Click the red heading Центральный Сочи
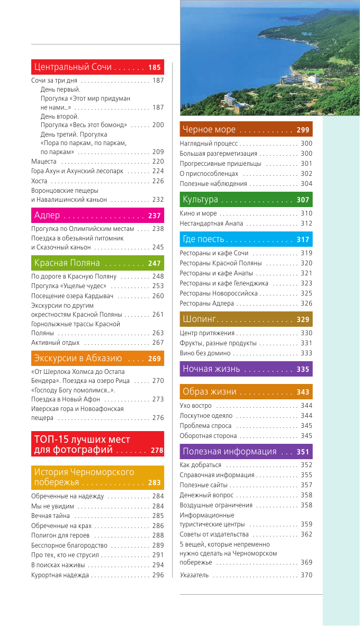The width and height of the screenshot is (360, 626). click(x=73, y=67)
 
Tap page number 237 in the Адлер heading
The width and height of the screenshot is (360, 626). click(x=154, y=216)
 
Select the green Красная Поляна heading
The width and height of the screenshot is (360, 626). click(x=67, y=263)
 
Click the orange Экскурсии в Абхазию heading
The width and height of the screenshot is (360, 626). click(x=78, y=359)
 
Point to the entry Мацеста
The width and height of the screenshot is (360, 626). click(x=44, y=161)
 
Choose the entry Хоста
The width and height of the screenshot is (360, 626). click(x=40, y=181)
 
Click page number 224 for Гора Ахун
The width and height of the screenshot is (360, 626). click(x=158, y=171)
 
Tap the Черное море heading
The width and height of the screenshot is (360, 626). click(x=209, y=130)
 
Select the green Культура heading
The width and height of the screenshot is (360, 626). click(x=201, y=200)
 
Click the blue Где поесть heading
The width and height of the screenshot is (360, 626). click(x=204, y=239)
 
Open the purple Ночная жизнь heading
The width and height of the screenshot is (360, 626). click(x=211, y=369)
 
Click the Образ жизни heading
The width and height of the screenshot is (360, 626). click(x=210, y=392)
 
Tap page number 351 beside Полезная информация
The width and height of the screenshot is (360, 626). click(x=302, y=452)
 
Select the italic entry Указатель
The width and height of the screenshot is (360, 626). click(x=194, y=575)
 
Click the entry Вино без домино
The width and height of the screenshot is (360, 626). click(x=205, y=353)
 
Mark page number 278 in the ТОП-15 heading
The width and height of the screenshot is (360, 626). click(x=157, y=451)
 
